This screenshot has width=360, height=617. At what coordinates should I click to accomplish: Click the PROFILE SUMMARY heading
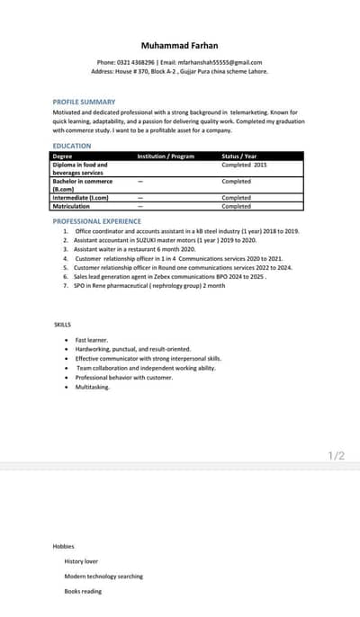tap(85, 103)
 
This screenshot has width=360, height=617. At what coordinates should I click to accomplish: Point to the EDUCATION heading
tap(72, 146)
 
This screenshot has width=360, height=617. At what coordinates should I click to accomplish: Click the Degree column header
tap(62, 156)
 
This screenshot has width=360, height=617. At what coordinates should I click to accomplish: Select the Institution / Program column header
tap(166, 156)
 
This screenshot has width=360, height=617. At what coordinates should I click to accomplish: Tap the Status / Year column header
tap(239, 156)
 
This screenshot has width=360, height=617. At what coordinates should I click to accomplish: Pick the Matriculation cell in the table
tap(71, 206)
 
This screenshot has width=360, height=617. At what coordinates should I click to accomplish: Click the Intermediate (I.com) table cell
tap(80, 198)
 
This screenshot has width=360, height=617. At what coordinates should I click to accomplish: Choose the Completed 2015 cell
tap(244, 165)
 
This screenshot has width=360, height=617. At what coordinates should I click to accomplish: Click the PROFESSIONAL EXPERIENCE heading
tap(97, 220)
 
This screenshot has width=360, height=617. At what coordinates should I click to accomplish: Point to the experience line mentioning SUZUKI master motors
tap(165, 240)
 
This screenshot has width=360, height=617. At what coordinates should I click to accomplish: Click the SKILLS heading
tap(63, 325)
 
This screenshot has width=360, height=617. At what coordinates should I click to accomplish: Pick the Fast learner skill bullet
tap(91, 340)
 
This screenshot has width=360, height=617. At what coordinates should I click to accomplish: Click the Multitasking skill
tap(93, 387)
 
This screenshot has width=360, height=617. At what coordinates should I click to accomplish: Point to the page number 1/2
tap(337, 456)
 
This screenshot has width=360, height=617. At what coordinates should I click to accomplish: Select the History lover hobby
tap(81, 561)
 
